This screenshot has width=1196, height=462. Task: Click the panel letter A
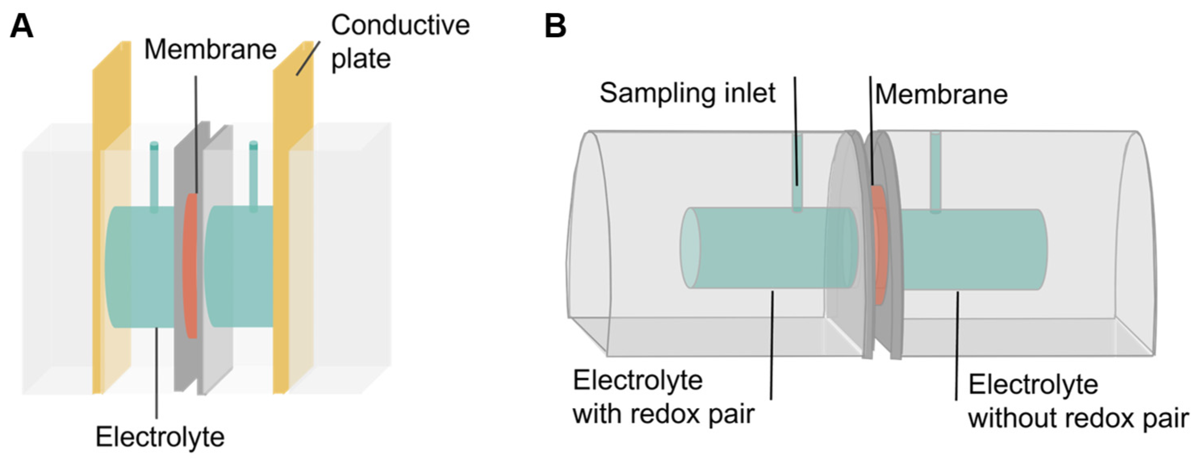coord(21,27)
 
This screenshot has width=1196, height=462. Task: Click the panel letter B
coord(555,27)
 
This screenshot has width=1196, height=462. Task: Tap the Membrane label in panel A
coord(210,49)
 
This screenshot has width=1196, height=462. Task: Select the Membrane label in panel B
coord(941,95)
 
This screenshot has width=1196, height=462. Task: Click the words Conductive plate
coord(400,42)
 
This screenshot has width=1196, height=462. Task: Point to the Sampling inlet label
coord(687,93)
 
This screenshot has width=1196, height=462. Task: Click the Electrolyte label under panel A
coord(160,437)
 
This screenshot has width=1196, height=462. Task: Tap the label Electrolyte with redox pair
coord(663,397)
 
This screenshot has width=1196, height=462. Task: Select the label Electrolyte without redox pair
coord(1078,402)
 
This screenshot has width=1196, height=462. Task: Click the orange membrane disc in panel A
coord(190,265)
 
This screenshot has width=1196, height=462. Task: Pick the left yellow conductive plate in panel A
coord(111,218)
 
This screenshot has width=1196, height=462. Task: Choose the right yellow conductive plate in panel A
coord(292,218)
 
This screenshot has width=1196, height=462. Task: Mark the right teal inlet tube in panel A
coord(253,176)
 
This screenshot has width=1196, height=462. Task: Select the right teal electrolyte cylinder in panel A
coord(239,266)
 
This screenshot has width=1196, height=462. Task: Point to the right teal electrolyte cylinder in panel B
coord(973,250)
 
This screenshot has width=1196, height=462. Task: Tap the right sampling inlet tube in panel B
coord(935,172)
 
